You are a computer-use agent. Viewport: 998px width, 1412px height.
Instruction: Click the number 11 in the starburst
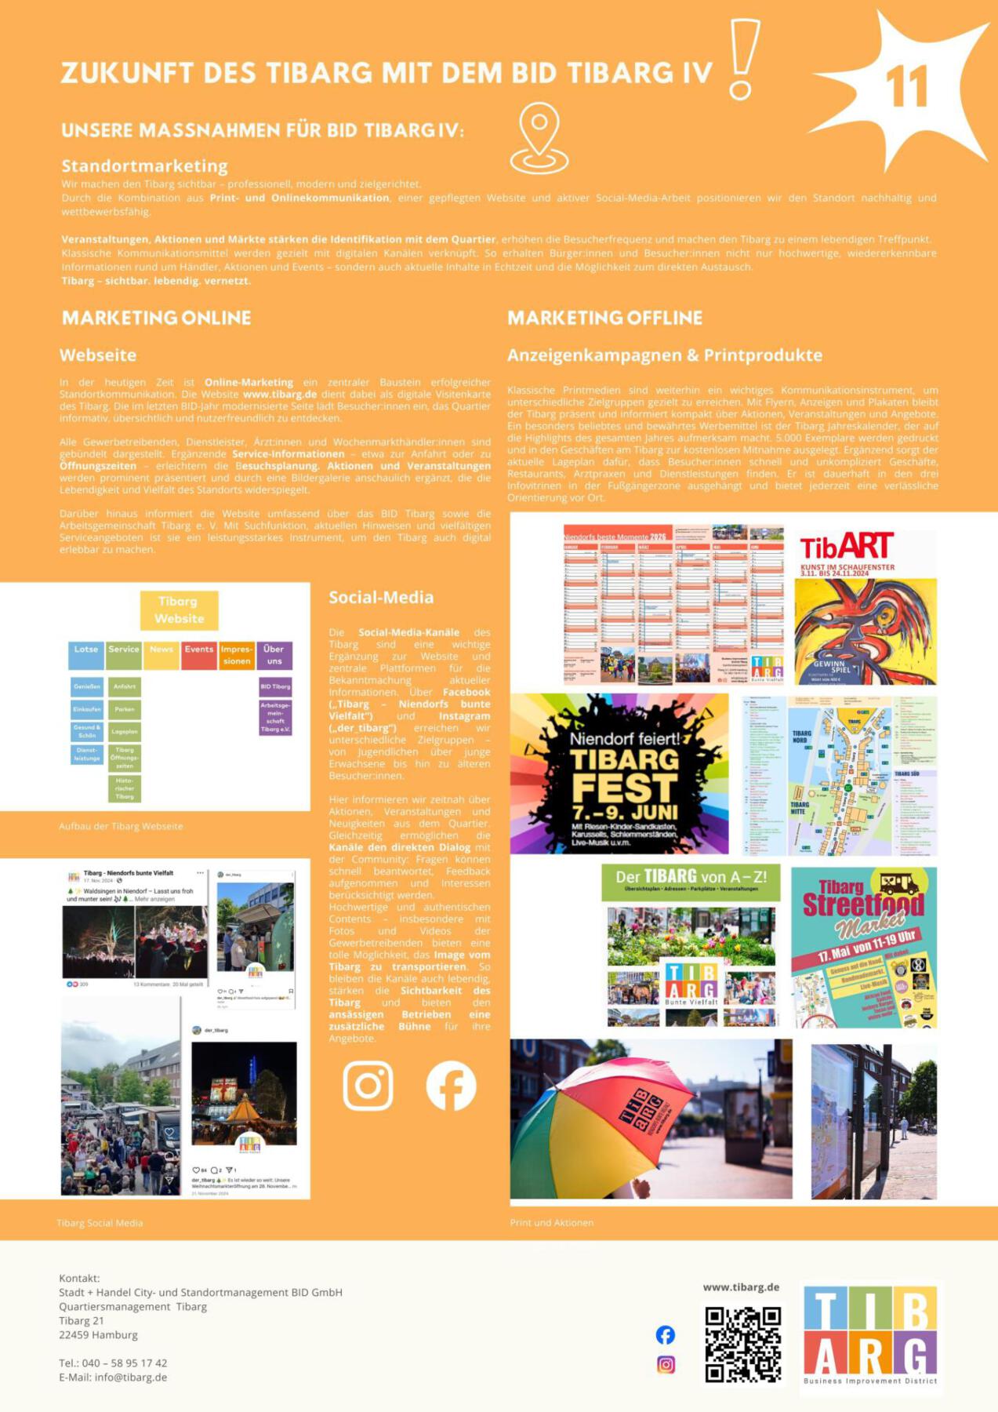pos(907,86)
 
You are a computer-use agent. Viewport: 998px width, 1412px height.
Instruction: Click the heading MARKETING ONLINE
pos(157,318)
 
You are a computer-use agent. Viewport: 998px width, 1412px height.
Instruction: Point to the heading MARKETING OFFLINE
pos(604,318)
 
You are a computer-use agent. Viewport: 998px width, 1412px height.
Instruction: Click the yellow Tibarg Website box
pos(179,610)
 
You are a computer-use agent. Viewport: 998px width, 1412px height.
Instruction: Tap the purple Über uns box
pos(274,655)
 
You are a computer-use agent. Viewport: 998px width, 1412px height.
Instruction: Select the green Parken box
pos(125,709)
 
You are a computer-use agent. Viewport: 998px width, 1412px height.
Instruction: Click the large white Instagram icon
pos(368,1086)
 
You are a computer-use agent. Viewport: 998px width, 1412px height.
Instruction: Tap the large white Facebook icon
pos(451,1086)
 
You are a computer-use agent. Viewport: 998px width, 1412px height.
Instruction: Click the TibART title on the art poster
pos(846,547)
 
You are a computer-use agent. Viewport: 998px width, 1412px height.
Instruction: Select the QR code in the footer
pos(742,1345)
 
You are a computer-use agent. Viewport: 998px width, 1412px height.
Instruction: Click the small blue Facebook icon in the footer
pos(666,1334)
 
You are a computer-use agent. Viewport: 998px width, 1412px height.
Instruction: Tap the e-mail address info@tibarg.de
pos(131,1377)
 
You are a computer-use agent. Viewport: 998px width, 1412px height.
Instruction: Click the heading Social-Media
pos(381,597)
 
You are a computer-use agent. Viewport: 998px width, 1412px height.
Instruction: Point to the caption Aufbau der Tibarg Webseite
pos(121,826)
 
